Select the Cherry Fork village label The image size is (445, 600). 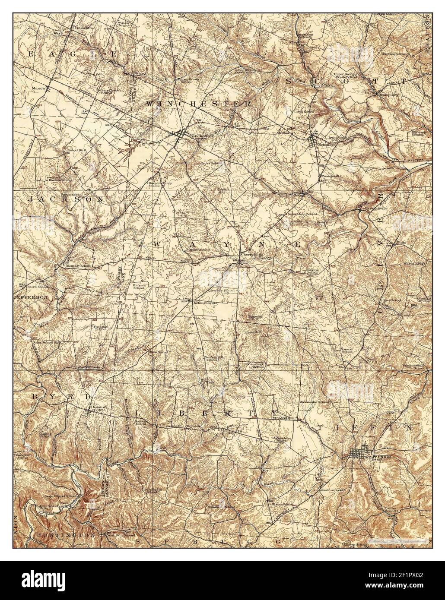[x=248, y=255]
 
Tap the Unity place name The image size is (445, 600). [x=402, y=243]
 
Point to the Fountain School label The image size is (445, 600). [x=101, y=328]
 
